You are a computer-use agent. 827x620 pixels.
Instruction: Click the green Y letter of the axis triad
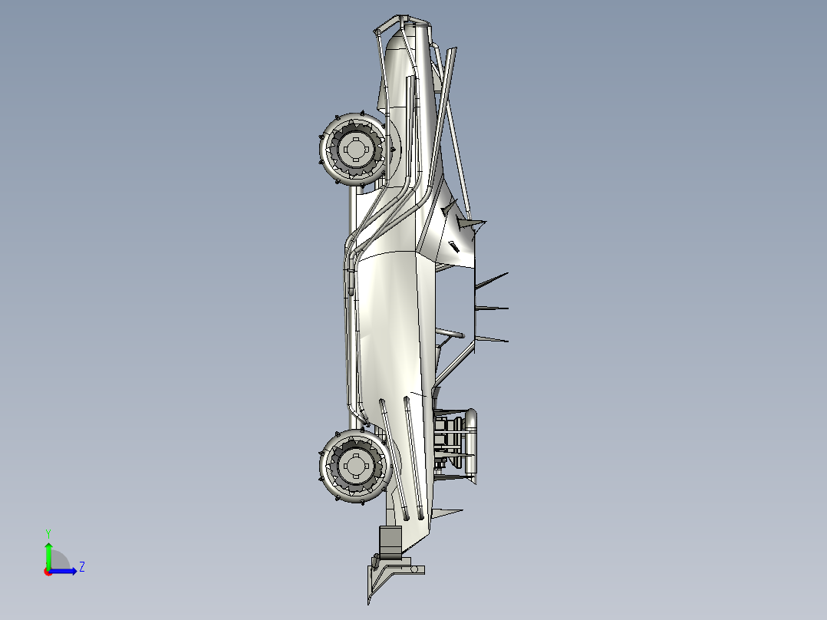[x=48, y=532]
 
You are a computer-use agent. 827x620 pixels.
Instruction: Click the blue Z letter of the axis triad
[x=81, y=567]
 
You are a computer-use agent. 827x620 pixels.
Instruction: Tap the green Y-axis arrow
[x=48, y=552]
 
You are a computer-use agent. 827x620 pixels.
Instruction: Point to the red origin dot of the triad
[x=48, y=572]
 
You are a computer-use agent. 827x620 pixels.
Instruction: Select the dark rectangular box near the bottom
[x=390, y=541]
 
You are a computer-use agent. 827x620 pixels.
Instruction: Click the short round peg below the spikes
[x=453, y=335]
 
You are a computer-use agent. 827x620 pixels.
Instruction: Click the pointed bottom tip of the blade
[x=371, y=603]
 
